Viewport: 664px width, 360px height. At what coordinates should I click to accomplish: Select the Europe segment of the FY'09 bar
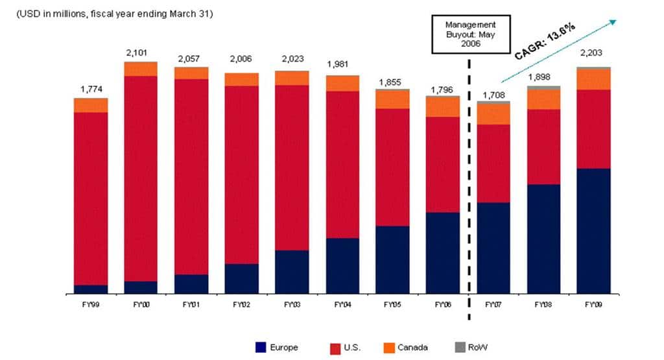[x=593, y=231]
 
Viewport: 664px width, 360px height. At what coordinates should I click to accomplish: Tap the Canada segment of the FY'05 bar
[x=393, y=99]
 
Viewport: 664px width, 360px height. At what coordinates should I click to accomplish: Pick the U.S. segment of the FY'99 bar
[x=91, y=198]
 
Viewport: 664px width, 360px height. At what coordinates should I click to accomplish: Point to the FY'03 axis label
[x=292, y=304]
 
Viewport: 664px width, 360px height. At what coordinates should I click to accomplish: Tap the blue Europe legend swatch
[x=262, y=348]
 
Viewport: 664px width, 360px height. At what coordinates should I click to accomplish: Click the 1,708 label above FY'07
[x=493, y=95]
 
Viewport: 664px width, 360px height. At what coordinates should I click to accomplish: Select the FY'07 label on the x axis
[x=493, y=304]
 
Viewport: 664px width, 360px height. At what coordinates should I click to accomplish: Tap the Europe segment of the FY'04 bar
[x=342, y=266]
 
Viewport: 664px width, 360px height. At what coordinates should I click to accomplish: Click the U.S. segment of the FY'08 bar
[x=543, y=147]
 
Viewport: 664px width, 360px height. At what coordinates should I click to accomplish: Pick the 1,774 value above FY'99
[x=91, y=89]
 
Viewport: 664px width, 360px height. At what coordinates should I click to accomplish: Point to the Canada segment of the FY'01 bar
[x=191, y=73]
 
